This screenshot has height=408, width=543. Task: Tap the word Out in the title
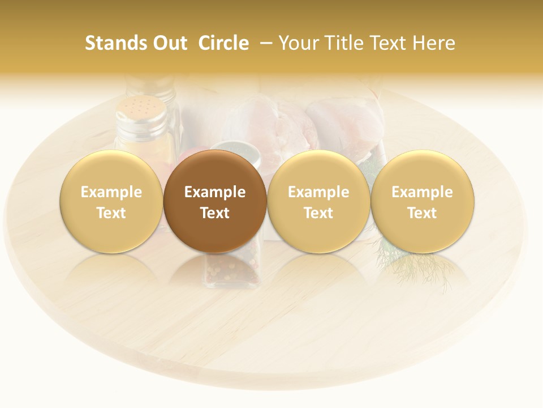tap(170, 43)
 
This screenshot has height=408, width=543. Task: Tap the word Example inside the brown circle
tap(215, 192)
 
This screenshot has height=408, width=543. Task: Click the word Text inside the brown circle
tap(215, 213)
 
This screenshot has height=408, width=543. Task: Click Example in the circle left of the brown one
tap(111, 192)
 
